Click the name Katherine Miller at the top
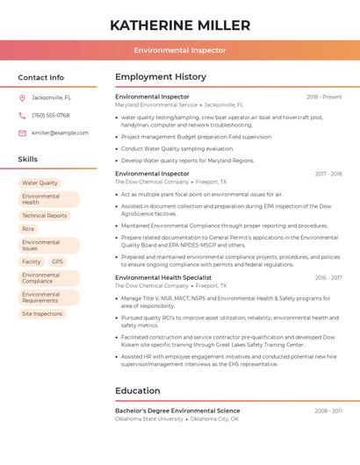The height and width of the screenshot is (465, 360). click(x=180, y=25)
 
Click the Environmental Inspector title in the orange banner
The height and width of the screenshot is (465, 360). click(x=180, y=50)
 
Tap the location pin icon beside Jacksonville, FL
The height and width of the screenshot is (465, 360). click(x=22, y=97)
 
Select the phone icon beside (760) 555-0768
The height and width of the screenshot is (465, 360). click(x=22, y=115)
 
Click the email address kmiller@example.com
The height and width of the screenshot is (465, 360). click(x=60, y=132)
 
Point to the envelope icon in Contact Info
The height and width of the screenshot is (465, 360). click(x=22, y=132)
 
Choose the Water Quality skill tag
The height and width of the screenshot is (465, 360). click(x=40, y=182)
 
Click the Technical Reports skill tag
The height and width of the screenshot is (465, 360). click(x=44, y=215)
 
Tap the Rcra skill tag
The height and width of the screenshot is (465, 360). click(x=28, y=228)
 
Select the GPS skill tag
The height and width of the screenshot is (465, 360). click(x=57, y=261)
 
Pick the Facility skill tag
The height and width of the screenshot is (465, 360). click(x=32, y=261)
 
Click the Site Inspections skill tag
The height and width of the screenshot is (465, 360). click(x=42, y=313)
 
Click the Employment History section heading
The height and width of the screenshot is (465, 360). click(x=161, y=76)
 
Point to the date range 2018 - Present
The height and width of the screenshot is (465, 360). click(x=324, y=97)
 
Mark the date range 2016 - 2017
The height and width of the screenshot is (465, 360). click(x=328, y=277)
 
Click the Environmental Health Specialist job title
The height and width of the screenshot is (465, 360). click(x=162, y=277)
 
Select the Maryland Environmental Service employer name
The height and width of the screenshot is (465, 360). click(x=156, y=104)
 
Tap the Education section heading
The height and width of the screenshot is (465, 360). click(x=138, y=390)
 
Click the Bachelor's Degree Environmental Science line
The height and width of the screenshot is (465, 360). click(x=177, y=411)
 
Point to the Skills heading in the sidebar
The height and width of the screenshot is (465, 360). click(x=28, y=159)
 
